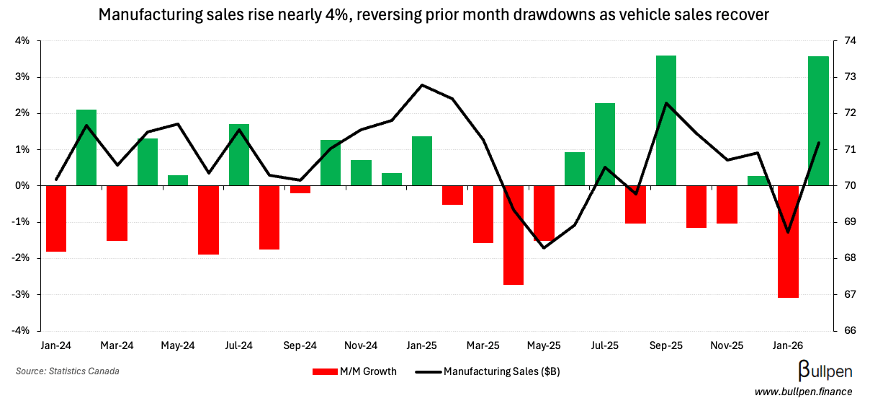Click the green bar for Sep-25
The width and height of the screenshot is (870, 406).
[666, 120]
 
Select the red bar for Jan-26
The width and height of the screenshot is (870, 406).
[788, 241]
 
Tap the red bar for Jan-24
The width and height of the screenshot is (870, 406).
[56, 219]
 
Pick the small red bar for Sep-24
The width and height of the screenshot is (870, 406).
[300, 190]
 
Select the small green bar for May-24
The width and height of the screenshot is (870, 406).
[178, 180]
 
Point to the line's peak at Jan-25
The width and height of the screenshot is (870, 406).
[422, 85]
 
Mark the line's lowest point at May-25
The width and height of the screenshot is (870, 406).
[544, 248]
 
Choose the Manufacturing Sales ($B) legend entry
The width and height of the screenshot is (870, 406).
[489, 372]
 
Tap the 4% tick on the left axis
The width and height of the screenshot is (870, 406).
[22, 41]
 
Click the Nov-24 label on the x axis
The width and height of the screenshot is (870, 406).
[362, 345]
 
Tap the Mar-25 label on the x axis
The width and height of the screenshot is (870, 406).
[483, 345]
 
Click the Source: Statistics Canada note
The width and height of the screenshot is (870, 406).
[68, 371]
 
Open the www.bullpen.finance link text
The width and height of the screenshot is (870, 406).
[803, 392]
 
